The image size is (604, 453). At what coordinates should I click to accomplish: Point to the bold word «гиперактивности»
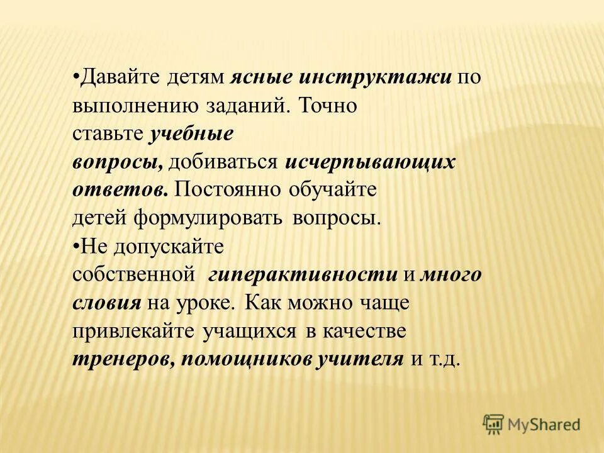[304, 275]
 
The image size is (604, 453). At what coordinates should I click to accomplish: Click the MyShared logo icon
[495, 423]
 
